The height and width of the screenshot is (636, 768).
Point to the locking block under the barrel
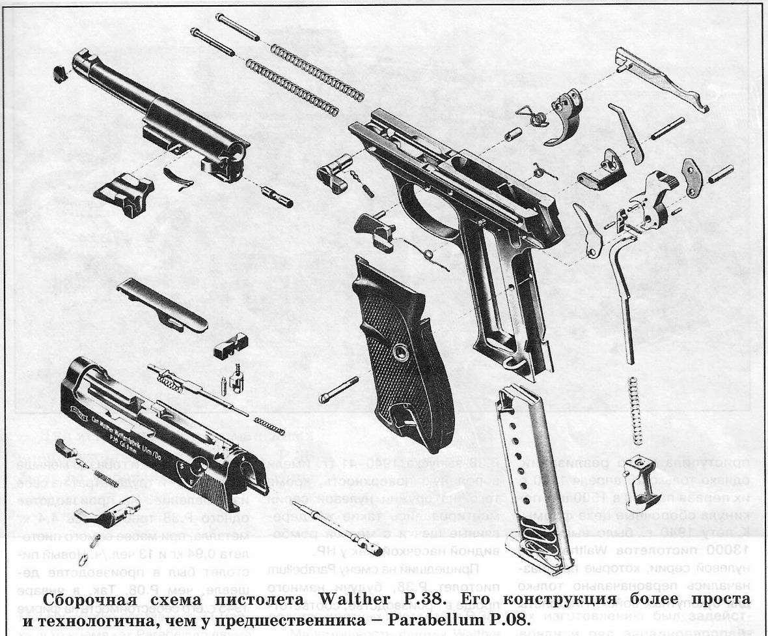click(x=124, y=189)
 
